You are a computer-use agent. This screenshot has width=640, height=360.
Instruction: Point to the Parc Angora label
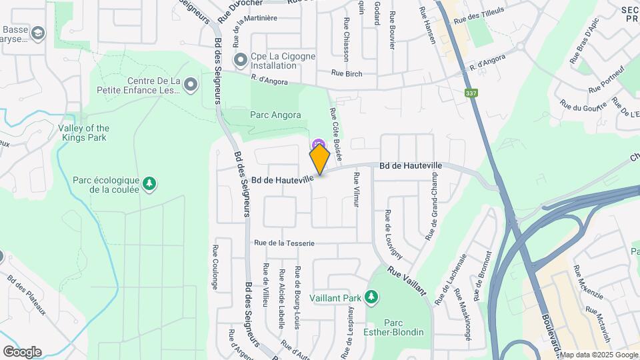275,115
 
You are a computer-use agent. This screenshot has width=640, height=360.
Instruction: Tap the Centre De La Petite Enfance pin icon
191,85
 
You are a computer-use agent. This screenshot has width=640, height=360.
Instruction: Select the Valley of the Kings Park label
83,133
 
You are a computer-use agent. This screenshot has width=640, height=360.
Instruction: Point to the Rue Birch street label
347,73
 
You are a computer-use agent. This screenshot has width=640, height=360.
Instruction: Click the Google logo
22,351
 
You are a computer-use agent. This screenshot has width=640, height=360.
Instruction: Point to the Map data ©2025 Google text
597,355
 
